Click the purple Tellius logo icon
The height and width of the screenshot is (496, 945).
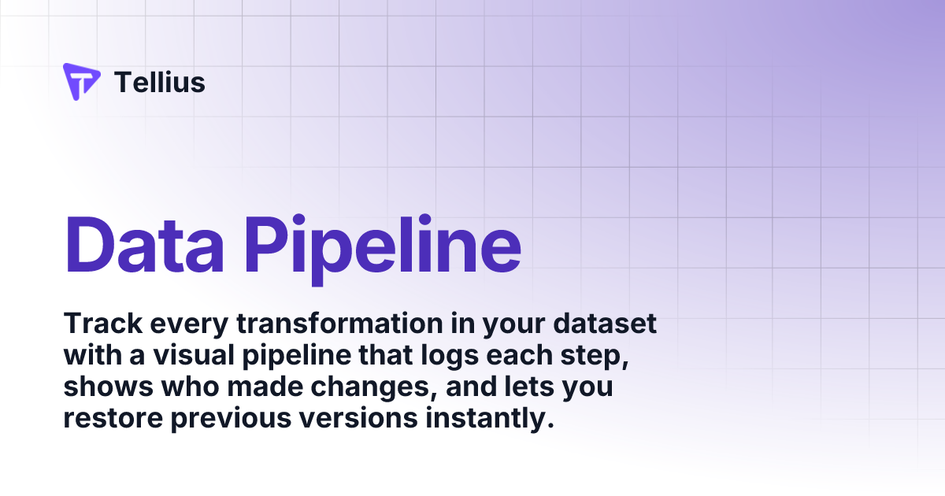tap(81, 82)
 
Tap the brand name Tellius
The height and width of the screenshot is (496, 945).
tap(160, 82)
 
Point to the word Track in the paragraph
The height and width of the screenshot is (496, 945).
tap(98, 324)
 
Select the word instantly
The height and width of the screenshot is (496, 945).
tap(488, 420)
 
